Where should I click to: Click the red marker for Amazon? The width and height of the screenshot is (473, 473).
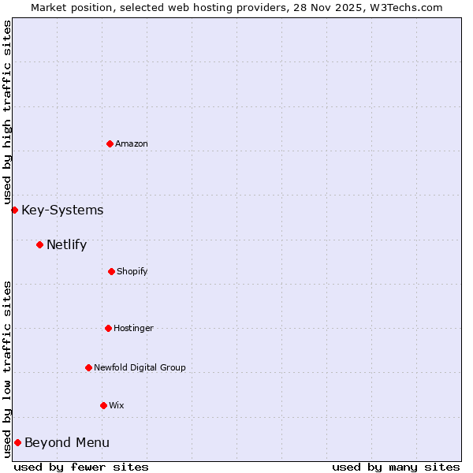[110, 143]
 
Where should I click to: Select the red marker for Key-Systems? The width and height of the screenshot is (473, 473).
[14, 210]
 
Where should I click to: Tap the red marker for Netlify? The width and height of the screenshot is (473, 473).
[39, 244]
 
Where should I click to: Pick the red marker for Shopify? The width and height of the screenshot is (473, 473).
[111, 271]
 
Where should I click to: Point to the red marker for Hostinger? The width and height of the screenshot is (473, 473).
[108, 328]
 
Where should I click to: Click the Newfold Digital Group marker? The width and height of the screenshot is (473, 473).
[88, 367]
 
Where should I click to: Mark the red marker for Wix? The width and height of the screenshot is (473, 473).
[103, 405]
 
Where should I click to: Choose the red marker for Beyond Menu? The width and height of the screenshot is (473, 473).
[17, 442]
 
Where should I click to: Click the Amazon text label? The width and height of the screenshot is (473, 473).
[132, 143]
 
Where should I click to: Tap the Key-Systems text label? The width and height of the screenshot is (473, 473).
[62, 210]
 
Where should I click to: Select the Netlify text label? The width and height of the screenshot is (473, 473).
[66, 244]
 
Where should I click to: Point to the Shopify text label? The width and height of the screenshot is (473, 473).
[132, 271]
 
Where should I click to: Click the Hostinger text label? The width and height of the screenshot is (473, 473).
[133, 328]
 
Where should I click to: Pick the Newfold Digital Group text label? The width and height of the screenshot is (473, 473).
[140, 367]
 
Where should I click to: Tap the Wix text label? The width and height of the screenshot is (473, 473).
[117, 405]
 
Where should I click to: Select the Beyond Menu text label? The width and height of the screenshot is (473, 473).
[67, 442]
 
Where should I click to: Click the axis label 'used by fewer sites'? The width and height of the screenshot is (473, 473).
[81, 467]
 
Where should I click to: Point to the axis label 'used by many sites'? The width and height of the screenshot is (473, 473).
[396, 467]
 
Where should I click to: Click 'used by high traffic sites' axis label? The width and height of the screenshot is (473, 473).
[7, 112]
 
